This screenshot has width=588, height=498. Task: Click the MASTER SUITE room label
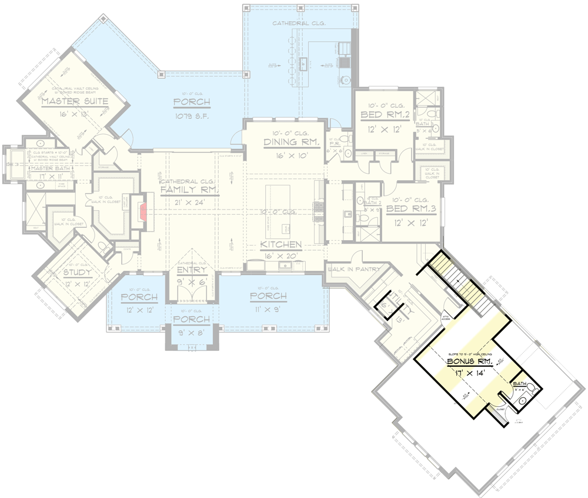click(75, 101)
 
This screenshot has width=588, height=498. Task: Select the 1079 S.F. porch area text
click(192, 116)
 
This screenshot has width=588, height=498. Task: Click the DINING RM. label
click(283, 142)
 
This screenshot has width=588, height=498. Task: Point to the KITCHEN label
click(281, 244)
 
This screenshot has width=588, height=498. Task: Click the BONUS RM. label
click(469, 361)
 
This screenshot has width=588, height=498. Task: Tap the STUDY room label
click(78, 273)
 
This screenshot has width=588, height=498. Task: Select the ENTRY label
click(192, 270)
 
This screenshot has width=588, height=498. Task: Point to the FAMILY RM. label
click(190, 190)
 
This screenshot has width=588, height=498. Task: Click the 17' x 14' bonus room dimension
click(469, 373)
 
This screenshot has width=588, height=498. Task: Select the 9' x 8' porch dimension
click(191, 331)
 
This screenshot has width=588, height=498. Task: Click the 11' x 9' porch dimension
click(268, 308)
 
